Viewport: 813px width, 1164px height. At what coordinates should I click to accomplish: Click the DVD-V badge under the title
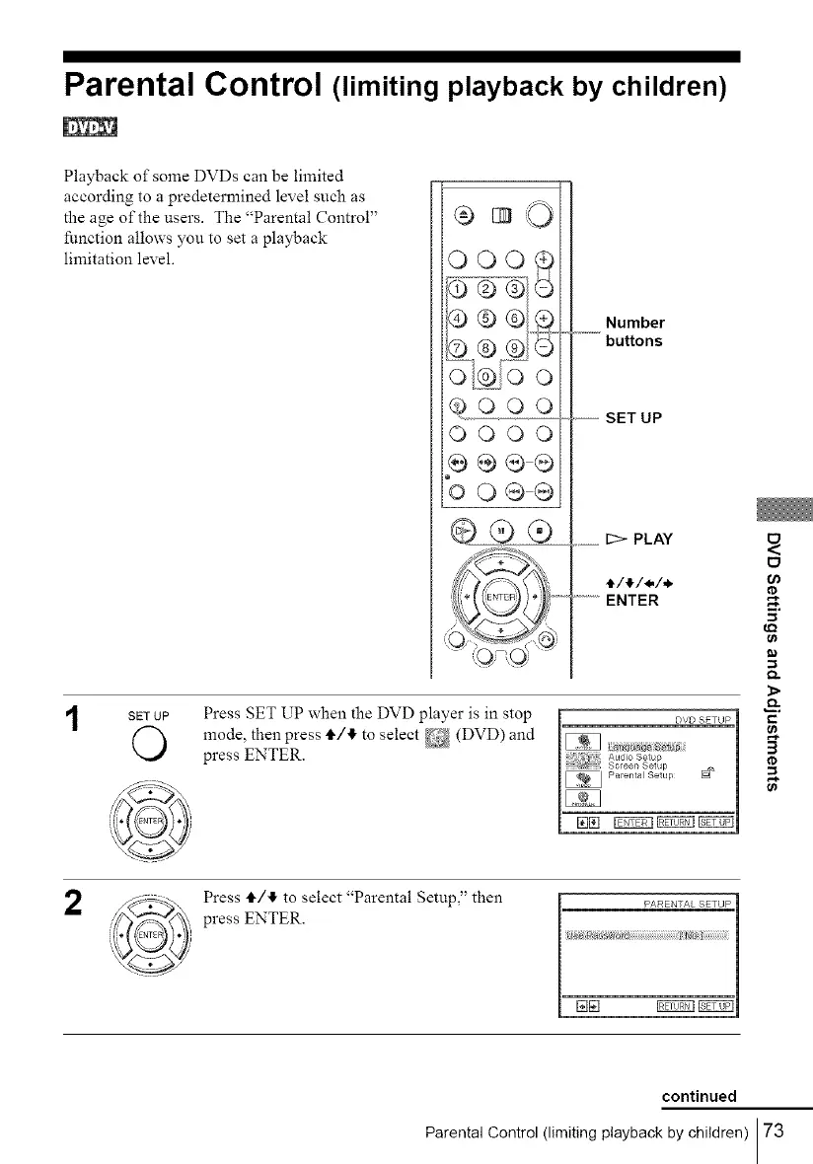pyautogui.click(x=90, y=127)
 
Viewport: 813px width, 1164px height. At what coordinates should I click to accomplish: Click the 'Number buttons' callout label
pyautogui.click(x=634, y=331)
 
